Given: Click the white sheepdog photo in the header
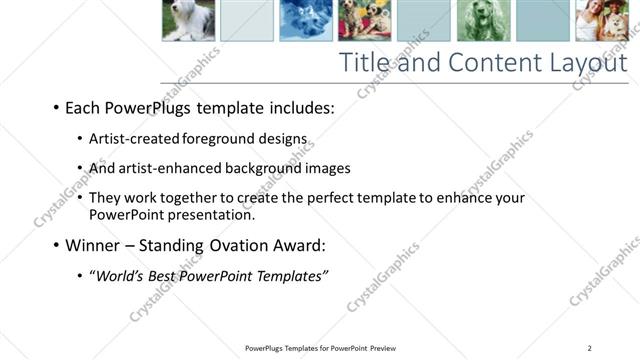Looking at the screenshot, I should point(188,19).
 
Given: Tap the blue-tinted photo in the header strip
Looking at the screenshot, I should point(305,19).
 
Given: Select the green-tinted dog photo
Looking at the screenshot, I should point(483,19).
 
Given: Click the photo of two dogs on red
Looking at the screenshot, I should point(365,19).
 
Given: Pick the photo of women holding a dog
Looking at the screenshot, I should point(601,19).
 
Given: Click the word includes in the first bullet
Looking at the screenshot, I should point(300,107).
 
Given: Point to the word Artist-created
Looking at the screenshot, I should point(136,138).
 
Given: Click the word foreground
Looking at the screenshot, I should point(219,138).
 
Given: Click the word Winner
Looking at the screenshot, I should point(95,245).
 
